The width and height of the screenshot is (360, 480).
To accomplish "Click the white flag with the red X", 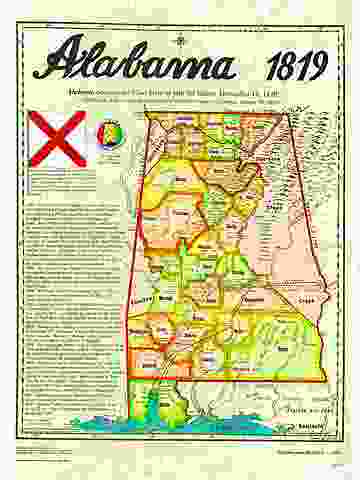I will [56, 137].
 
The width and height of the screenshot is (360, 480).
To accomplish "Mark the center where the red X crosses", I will [56, 137].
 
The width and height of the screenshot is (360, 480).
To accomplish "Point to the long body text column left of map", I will [70, 310].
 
